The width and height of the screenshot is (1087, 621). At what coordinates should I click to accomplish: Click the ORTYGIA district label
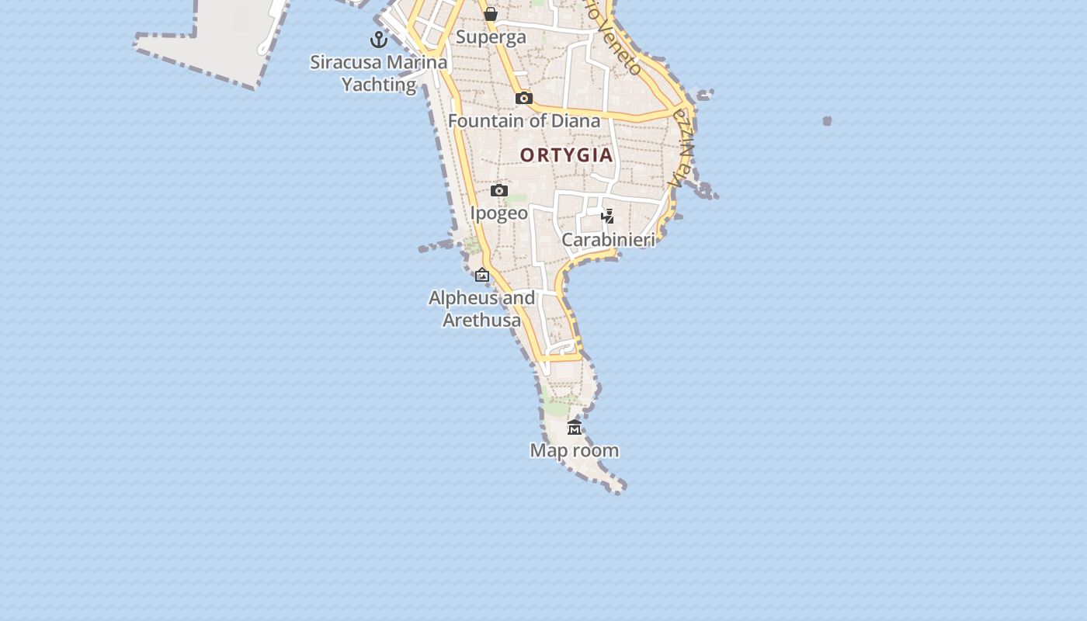[567, 154]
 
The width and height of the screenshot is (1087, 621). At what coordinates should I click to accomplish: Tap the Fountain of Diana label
[524, 120]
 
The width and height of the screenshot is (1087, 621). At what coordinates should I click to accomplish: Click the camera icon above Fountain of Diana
[524, 98]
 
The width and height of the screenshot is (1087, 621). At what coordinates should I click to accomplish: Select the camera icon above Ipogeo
[499, 190]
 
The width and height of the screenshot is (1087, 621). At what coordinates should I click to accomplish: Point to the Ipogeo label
[499, 213]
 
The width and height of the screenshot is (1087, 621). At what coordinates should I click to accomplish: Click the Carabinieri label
[608, 239]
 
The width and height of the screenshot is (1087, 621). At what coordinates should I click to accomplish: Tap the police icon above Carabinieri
[608, 216]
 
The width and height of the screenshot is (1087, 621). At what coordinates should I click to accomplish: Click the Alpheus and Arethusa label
[482, 309]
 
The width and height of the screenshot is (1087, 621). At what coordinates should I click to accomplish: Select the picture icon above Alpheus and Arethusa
[482, 275]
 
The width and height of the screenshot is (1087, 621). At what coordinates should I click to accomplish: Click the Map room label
[575, 450]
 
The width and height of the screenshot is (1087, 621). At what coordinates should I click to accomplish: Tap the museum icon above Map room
[575, 427]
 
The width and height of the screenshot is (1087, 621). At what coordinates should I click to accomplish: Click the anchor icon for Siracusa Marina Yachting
[379, 39]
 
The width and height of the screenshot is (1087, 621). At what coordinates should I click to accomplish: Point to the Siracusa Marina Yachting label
[379, 73]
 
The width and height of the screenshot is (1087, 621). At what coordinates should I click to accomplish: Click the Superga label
[491, 36]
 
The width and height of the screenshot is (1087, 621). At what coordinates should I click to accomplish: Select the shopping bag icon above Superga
[491, 14]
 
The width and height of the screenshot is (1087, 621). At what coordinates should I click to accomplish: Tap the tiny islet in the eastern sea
[827, 120]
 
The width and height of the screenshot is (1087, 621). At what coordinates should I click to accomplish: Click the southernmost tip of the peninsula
[619, 489]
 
